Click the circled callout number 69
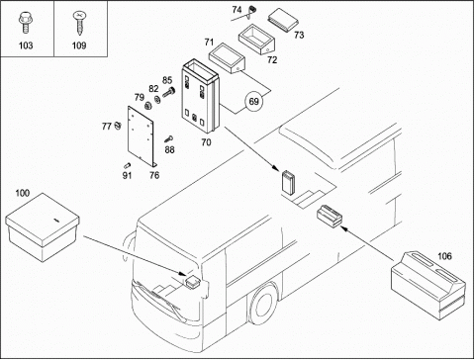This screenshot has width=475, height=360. coord(253,101)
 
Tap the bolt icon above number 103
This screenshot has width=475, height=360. coord(25,23)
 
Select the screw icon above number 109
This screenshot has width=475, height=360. coord(78,23)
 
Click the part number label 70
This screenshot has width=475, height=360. coord(206,142)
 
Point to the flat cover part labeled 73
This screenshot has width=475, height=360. coord(283,20)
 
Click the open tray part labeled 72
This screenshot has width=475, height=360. coord(256,39)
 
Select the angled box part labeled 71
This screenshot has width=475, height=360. coord(227,58)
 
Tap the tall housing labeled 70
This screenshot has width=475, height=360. coord(200,95)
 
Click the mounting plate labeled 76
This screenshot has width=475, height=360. coord(142,135)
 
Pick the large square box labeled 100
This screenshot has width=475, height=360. coord(43,227)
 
